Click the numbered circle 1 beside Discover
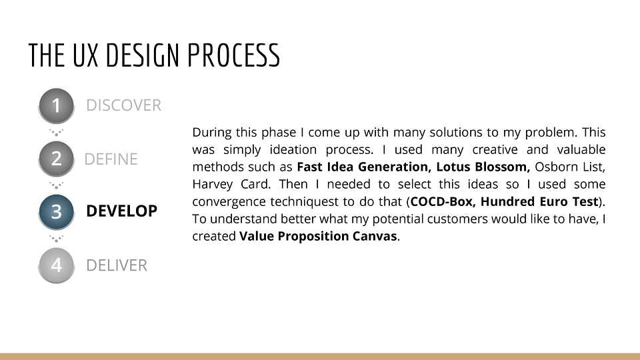click(56, 106)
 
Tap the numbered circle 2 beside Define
click(56, 159)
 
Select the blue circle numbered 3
click(56, 212)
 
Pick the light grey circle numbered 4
click(56, 265)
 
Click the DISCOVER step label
click(124, 105)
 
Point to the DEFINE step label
click(111, 159)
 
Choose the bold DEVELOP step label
click(121, 211)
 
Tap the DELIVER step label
click(117, 265)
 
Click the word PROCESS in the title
click(233, 55)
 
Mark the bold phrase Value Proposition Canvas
click(318, 236)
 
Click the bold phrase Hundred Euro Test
click(539, 201)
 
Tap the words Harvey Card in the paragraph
click(231, 184)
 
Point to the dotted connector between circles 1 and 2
click(56, 133)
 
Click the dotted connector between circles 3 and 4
click(56, 239)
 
